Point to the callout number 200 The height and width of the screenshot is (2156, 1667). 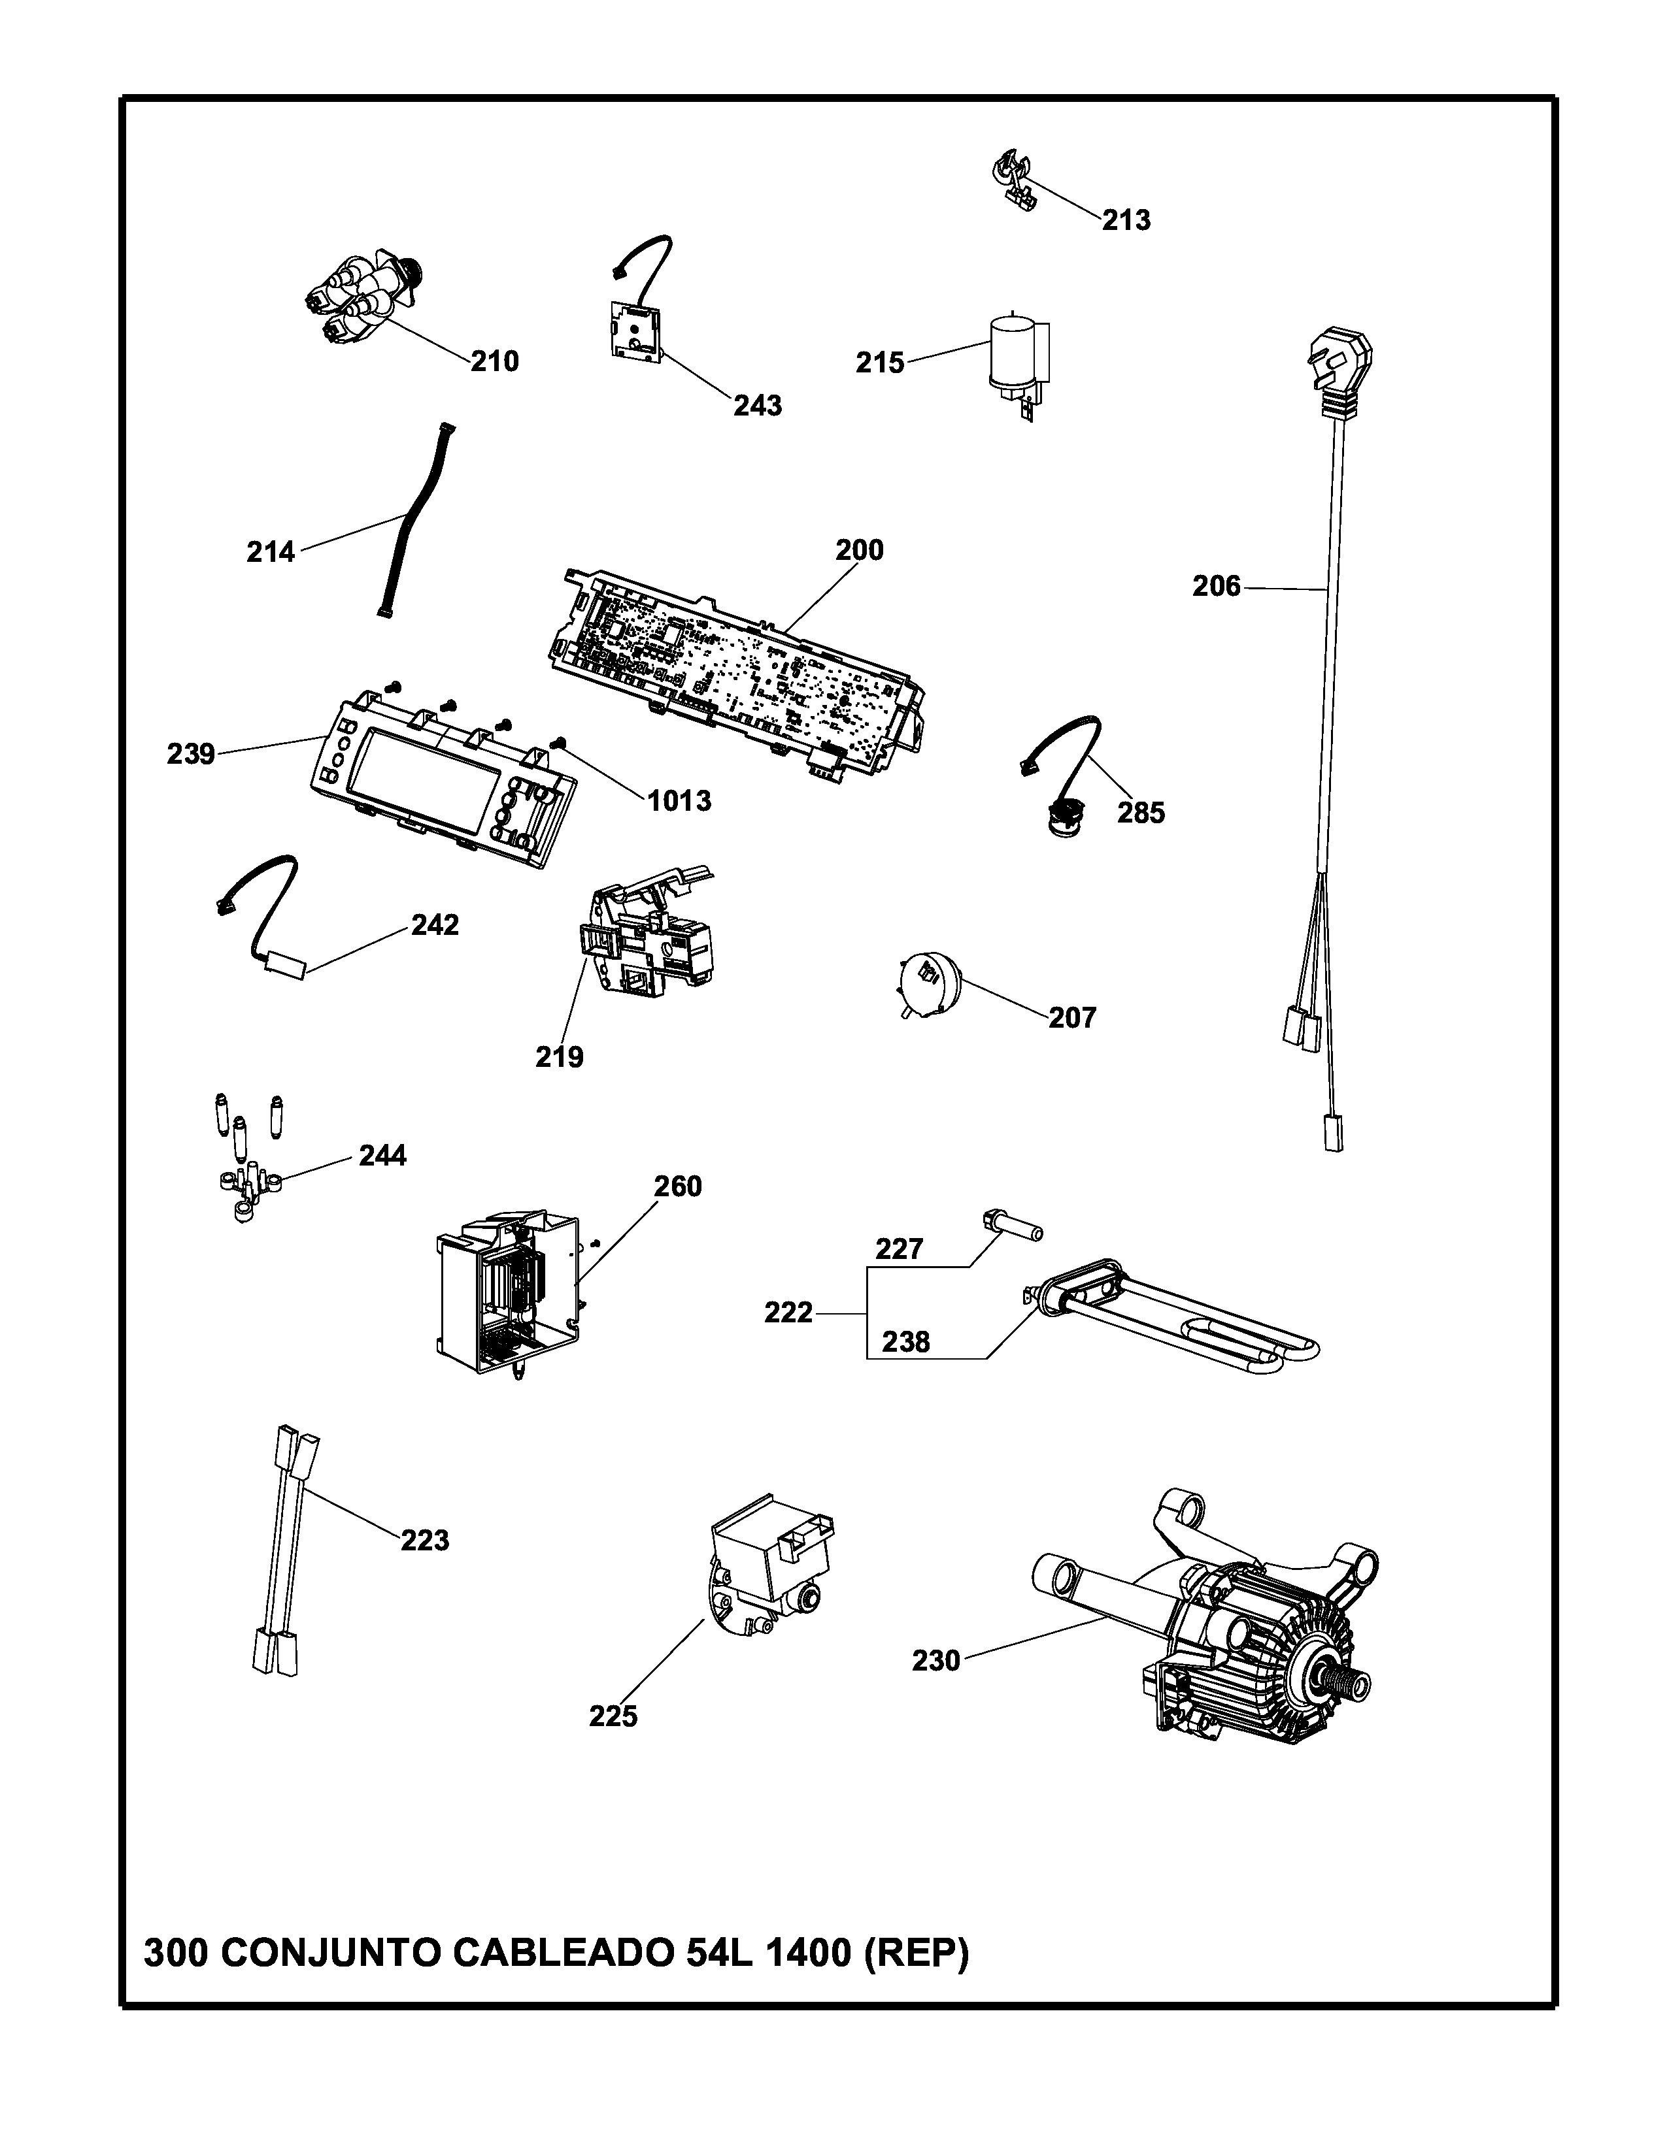point(859,550)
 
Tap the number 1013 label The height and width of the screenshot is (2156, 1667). point(679,800)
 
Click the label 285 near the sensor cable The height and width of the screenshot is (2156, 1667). point(1141,813)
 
